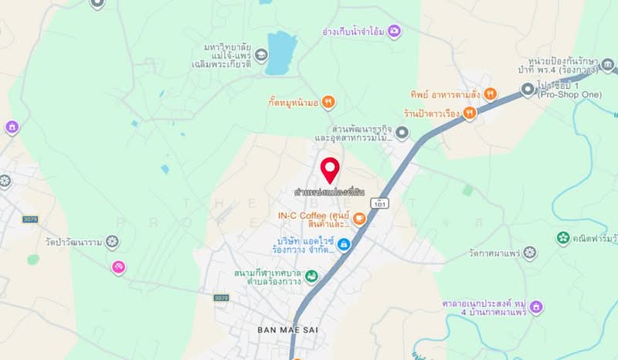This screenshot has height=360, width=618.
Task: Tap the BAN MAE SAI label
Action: coord(287,330)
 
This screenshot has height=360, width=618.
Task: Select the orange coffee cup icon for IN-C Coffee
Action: coord(360,219)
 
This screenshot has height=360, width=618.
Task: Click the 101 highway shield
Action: coord(379,203)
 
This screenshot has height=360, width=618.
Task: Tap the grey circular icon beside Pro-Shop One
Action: coord(528,90)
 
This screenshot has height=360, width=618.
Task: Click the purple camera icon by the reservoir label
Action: coord(395,31)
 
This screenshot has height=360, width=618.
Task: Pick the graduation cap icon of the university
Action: coord(261,55)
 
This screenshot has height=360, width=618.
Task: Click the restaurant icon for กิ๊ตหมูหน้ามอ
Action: coord(328,100)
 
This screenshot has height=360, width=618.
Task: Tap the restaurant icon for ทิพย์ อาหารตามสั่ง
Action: coord(491,93)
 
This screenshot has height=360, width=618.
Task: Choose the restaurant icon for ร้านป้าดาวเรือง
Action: coord(470,113)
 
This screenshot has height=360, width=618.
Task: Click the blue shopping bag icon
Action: coord(345,244)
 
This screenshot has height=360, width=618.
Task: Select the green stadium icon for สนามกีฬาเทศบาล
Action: coord(311,276)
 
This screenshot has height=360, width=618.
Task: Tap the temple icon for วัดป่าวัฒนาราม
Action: coord(113,242)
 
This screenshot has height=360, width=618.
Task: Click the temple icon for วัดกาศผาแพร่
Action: coord(529,252)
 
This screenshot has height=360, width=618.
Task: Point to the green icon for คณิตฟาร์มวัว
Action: coord(563,238)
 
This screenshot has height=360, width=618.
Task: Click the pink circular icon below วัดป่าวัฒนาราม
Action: coord(118,267)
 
